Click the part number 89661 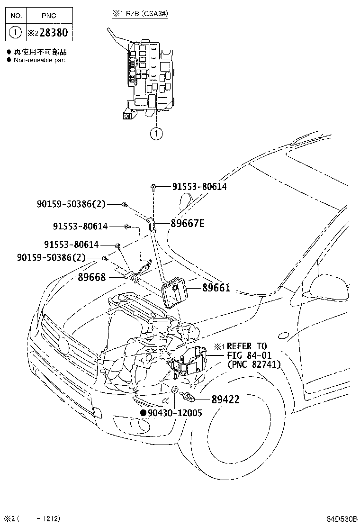(216, 288)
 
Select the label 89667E (188, 223)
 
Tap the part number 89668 (92, 277)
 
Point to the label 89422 (225, 400)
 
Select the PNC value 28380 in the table (54, 33)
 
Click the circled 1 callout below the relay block (156, 134)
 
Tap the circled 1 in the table (16, 33)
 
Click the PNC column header (49, 16)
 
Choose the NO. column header (16, 16)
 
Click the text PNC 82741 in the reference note (254, 364)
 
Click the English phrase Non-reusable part (40, 60)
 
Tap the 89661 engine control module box (175, 291)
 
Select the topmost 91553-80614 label (199, 187)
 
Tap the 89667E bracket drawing (152, 225)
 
